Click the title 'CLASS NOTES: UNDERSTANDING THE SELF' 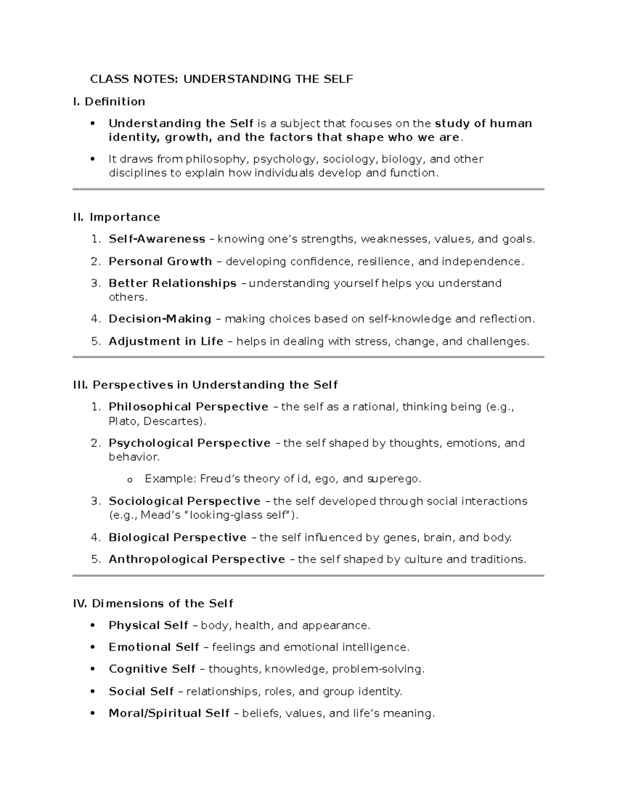tap(222, 79)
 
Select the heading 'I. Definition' tap(109, 101)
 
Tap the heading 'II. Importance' tap(117, 217)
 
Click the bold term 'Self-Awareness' tap(157, 239)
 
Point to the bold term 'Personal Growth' tap(160, 261)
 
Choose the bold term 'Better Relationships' tap(172, 283)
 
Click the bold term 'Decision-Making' tap(160, 319)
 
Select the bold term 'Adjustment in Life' tap(166, 341)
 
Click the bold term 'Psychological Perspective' tap(189, 443)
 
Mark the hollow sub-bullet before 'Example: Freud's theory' tap(129, 480)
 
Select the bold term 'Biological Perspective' tap(177, 538)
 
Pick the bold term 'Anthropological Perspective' tap(196, 559)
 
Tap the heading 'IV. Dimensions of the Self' tap(153, 603)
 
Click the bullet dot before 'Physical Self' tap(93, 626)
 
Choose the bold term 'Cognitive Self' tap(152, 669)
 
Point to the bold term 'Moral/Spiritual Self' tap(169, 713)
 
